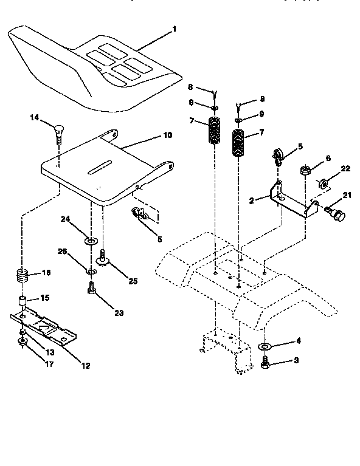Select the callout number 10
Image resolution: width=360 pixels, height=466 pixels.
point(168,135)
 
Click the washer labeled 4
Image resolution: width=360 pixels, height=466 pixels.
point(265,347)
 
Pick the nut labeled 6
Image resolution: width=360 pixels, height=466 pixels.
point(305,168)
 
